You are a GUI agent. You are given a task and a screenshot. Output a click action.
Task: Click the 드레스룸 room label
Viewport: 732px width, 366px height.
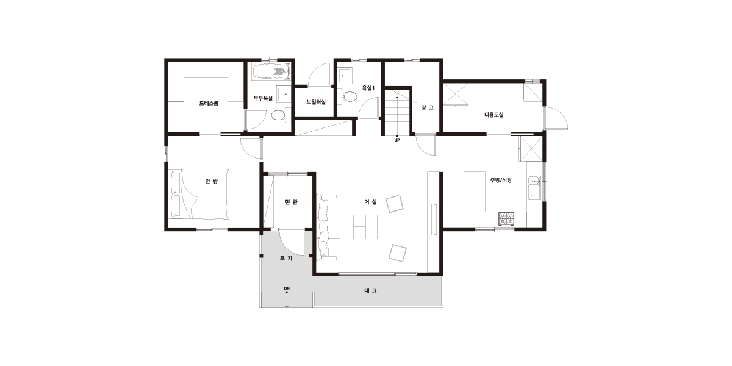(x=209, y=103)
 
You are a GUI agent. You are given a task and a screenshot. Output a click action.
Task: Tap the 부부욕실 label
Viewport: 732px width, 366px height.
(x=263, y=98)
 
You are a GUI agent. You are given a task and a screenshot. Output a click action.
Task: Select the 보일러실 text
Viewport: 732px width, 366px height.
(x=316, y=102)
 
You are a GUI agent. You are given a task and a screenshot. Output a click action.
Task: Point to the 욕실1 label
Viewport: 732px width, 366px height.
(x=368, y=88)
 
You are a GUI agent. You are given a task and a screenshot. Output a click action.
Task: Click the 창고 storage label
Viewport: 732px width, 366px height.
(x=428, y=107)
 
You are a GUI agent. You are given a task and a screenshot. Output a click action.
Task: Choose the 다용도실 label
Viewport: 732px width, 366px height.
(x=493, y=115)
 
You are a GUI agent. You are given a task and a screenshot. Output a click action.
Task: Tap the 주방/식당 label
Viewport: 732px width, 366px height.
(x=501, y=180)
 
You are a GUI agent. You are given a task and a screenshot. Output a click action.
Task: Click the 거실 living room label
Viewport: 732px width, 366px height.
(x=371, y=202)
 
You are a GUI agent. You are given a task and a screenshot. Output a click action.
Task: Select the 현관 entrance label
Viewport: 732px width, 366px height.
(x=291, y=202)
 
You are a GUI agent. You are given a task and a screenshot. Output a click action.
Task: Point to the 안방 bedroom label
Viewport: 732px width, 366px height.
(x=212, y=181)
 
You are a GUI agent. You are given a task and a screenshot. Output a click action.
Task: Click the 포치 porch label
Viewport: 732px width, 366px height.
(x=286, y=258)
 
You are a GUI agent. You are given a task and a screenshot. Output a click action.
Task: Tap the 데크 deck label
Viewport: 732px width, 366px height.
(x=371, y=290)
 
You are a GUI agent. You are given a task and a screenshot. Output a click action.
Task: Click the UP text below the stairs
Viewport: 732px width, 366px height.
(x=397, y=140)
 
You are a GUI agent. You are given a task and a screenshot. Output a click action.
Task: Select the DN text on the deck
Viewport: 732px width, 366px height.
(x=287, y=289)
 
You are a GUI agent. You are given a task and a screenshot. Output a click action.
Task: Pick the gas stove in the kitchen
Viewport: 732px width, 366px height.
(x=506, y=219)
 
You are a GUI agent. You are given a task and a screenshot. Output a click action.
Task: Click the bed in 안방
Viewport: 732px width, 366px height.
(x=199, y=194)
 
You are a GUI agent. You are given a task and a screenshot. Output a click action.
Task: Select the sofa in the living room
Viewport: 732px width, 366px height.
(x=328, y=228)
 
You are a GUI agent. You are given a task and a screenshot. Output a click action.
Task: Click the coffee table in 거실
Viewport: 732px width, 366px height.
(x=365, y=227)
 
